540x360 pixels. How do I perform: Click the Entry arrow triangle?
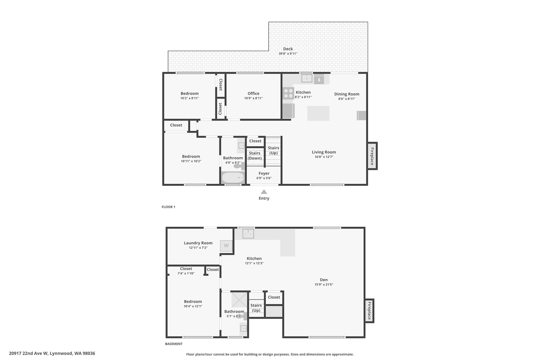pyautogui.click(x=264, y=192)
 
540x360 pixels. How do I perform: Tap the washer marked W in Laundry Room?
pyautogui.click(x=226, y=246)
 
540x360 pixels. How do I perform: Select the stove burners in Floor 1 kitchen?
pyautogui.click(x=288, y=93)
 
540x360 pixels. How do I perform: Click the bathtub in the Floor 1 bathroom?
pyautogui.click(x=233, y=177)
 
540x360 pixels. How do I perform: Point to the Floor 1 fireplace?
pyautogui.click(x=372, y=156)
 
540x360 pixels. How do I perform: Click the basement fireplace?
pyautogui.click(x=369, y=311)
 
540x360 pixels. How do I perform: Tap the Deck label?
pyautogui.click(x=288, y=49)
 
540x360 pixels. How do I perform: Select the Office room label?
pyautogui.click(x=253, y=93)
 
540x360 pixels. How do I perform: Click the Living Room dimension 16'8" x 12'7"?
pyautogui.click(x=324, y=157)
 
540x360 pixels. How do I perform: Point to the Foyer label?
pyautogui.click(x=264, y=173)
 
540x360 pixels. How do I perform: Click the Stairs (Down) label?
pyautogui.click(x=255, y=156)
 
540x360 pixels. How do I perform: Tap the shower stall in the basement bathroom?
pyautogui.click(x=239, y=300)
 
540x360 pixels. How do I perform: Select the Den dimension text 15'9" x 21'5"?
pyautogui.click(x=324, y=285)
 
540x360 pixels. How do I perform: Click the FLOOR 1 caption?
pyautogui.click(x=168, y=207)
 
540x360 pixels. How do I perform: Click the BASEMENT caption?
pyautogui.click(x=174, y=344)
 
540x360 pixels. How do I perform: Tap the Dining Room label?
pyautogui.click(x=347, y=94)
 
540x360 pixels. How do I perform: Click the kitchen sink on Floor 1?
pyautogui.click(x=307, y=78)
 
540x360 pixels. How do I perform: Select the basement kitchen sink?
pyautogui.click(x=248, y=233)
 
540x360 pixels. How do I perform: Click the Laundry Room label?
pyautogui.click(x=198, y=243)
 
